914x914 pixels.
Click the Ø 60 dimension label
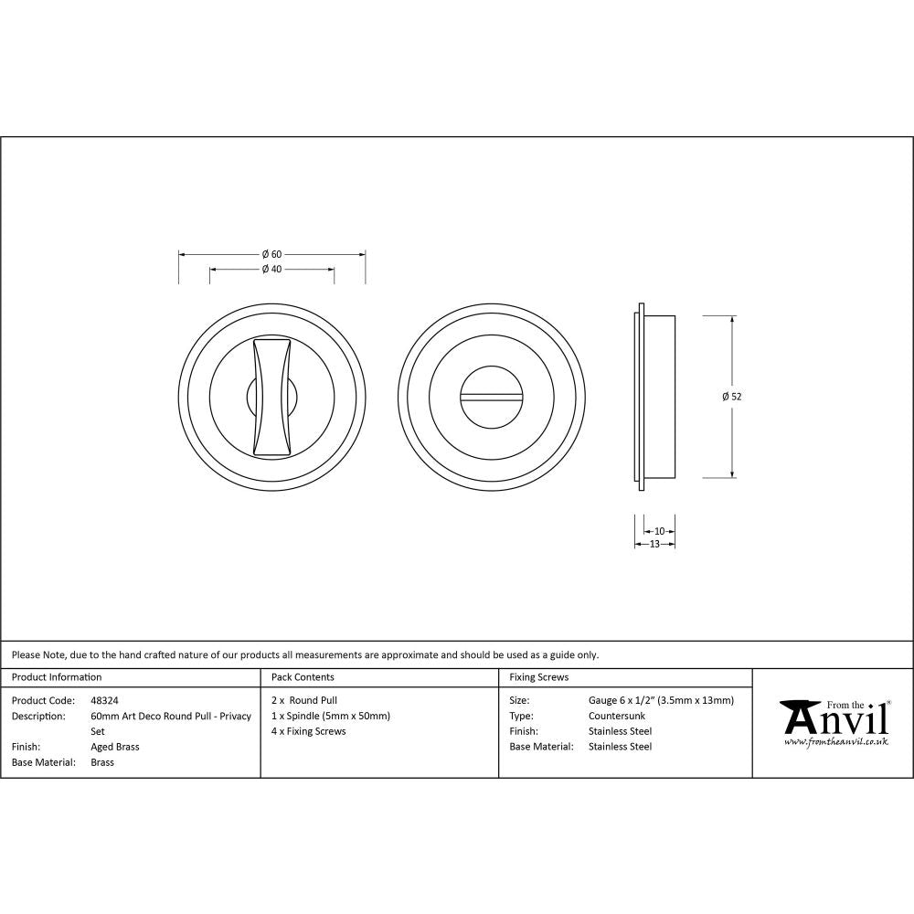coord(271,253)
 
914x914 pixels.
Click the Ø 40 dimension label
coord(271,270)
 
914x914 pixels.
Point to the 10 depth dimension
coord(660,531)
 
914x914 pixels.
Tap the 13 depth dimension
coord(654,544)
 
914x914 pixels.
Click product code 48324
coord(105,701)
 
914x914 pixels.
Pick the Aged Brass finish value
coord(115,747)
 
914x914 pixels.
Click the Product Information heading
coord(57,677)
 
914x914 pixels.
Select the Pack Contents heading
coord(303,677)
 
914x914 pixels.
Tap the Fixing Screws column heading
coord(538,677)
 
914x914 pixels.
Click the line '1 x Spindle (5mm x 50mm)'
coord(331,716)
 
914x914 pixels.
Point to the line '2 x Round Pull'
coord(304,701)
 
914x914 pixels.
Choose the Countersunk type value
coord(617,716)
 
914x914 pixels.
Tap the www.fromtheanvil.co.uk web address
coord(835,742)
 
